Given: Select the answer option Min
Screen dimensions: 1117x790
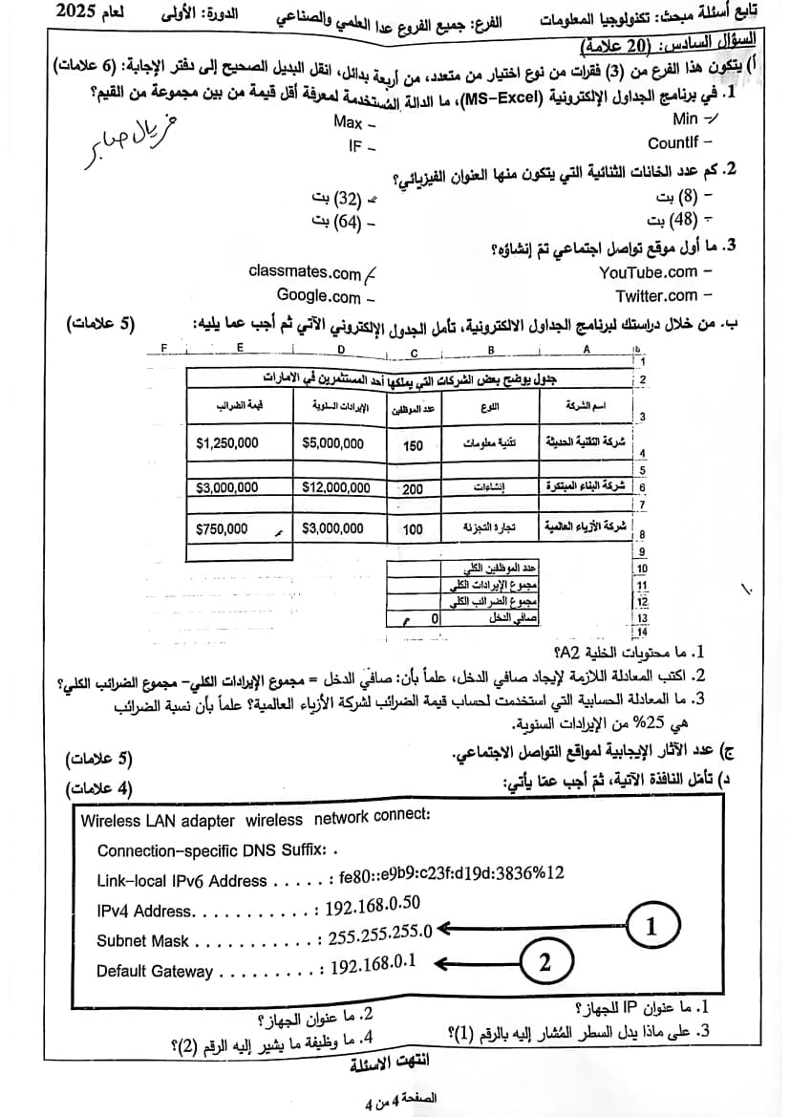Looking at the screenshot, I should (x=685, y=118).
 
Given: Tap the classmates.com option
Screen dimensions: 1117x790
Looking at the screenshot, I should (x=305, y=271).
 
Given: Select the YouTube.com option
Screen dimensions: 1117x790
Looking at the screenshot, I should (x=648, y=272).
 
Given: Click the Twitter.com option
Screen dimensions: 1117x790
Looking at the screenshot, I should (x=656, y=296).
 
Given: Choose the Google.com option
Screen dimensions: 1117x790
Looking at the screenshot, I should (x=318, y=296).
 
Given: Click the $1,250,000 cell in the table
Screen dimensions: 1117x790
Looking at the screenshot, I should (x=226, y=443).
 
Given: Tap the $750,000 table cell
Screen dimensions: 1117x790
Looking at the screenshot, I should (x=221, y=527).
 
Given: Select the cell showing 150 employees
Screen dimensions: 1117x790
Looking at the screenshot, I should (x=413, y=445).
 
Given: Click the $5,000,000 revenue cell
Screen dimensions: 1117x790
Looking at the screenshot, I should (x=332, y=443).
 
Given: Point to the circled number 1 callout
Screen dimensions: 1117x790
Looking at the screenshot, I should (x=651, y=926).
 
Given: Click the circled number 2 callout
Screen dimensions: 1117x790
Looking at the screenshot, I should (x=544, y=961).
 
